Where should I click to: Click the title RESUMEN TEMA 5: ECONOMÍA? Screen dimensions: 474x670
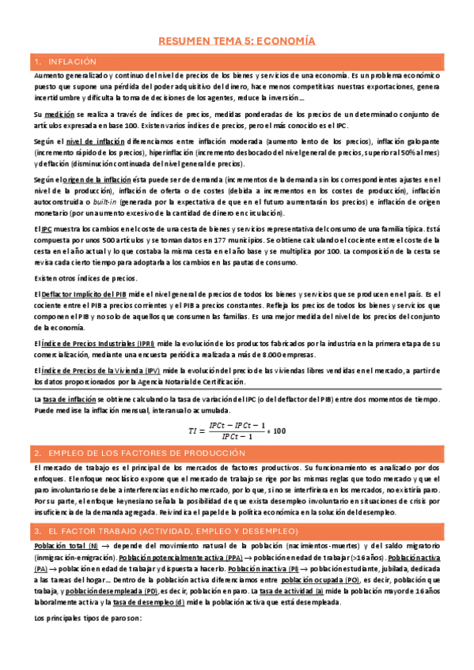tap(237, 38)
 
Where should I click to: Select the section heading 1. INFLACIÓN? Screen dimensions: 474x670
tap(71, 62)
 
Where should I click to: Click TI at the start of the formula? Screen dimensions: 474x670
tap(193, 431)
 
